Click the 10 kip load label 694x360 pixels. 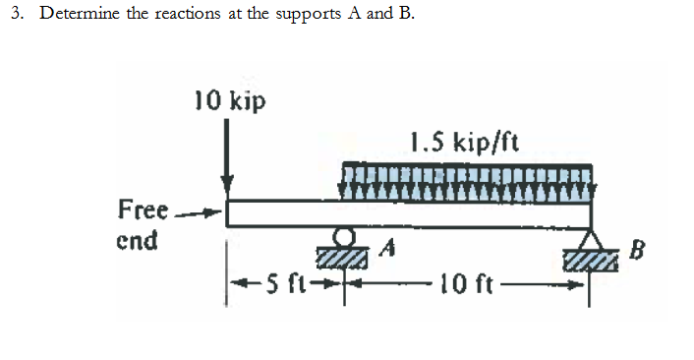point(229,101)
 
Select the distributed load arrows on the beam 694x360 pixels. point(467,181)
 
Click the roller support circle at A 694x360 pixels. point(343,237)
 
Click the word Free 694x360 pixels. point(141,210)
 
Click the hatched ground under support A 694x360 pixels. point(343,256)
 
